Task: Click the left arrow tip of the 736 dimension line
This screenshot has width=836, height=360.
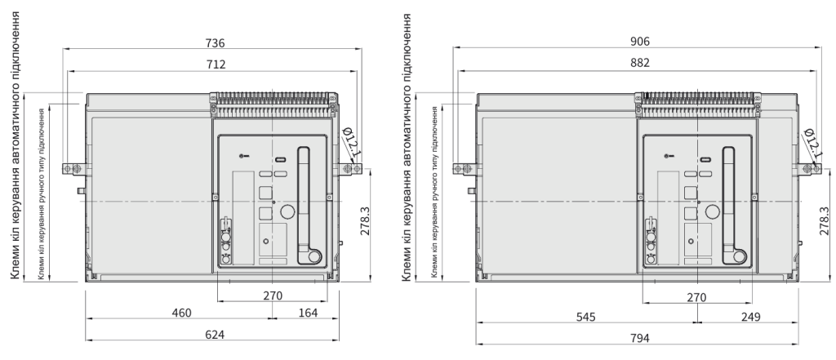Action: pyautogui.click(x=63, y=48)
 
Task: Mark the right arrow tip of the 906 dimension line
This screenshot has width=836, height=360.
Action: pyautogui.click(x=821, y=47)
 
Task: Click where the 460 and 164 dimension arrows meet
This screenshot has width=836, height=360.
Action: pyautogui.click(x=273, y=318)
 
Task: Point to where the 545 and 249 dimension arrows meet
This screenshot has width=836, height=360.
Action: pyautogui.click(x=697, y=322)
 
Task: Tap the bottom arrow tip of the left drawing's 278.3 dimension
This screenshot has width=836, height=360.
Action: pyautogui.click(x=370, y=281)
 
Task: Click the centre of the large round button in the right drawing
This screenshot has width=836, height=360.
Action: pyautogui.click(x=712, y=211)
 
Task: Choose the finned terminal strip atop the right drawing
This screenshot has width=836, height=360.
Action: pyautogui.click(x=697, y=104)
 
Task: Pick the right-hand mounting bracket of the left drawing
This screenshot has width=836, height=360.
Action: pyautogui.click(x=349, y=169)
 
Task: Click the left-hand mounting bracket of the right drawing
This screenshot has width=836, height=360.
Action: pyautogui.click(x=465, y=168)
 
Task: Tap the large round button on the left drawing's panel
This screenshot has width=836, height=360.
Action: pyautogui.click(x=288, y=211)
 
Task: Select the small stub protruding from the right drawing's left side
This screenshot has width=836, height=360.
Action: pyautogui.click(x=472, y=190)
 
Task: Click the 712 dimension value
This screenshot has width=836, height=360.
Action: pyautogui.click(x=216, y=64)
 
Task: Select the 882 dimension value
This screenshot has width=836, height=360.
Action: pyautogui.click(x=640, y=63)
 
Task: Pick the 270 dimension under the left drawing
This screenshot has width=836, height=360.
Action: pyautogui.click(x=273, y=296)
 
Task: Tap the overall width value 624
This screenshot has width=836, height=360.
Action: pyautogui.click(x=215, y=335)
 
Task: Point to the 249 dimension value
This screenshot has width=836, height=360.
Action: pyautogui.click(x=751, y=317)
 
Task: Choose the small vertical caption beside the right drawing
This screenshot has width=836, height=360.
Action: pyautogui.click(x=434, y=192)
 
